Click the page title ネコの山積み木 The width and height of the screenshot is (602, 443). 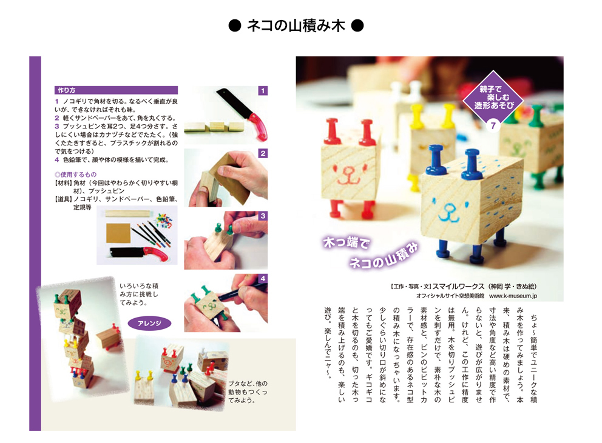click(x=296, y=25)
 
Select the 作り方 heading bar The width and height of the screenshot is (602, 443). click(x=116, y=90)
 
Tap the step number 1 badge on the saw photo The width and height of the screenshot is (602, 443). click(x=263, y=91)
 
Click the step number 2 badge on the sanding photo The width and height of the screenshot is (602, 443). click(x=263, y=153)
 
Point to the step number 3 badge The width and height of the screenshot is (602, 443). click(x=263, y=216)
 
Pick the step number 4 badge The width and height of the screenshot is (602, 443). click(x=263, y=278)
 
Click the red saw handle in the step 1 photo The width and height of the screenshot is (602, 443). click(x=259, y=126)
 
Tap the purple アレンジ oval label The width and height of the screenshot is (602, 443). click(x=149, y=324)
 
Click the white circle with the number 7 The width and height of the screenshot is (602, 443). click(x=493, y=125)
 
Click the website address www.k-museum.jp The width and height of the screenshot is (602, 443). click(x=513, y=296)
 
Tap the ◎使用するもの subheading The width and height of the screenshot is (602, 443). click(x=75, y=175)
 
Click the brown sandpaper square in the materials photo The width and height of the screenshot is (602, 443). click(x=118, y=233)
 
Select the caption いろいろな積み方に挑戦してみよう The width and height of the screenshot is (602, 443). click(x=139, y=294)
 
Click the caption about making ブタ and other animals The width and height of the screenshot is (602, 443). click(x=248, y=391)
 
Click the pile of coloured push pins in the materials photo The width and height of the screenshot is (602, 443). click(x=164, y=220)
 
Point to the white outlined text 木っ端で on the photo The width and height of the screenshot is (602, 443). click(x=347, y=242)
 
